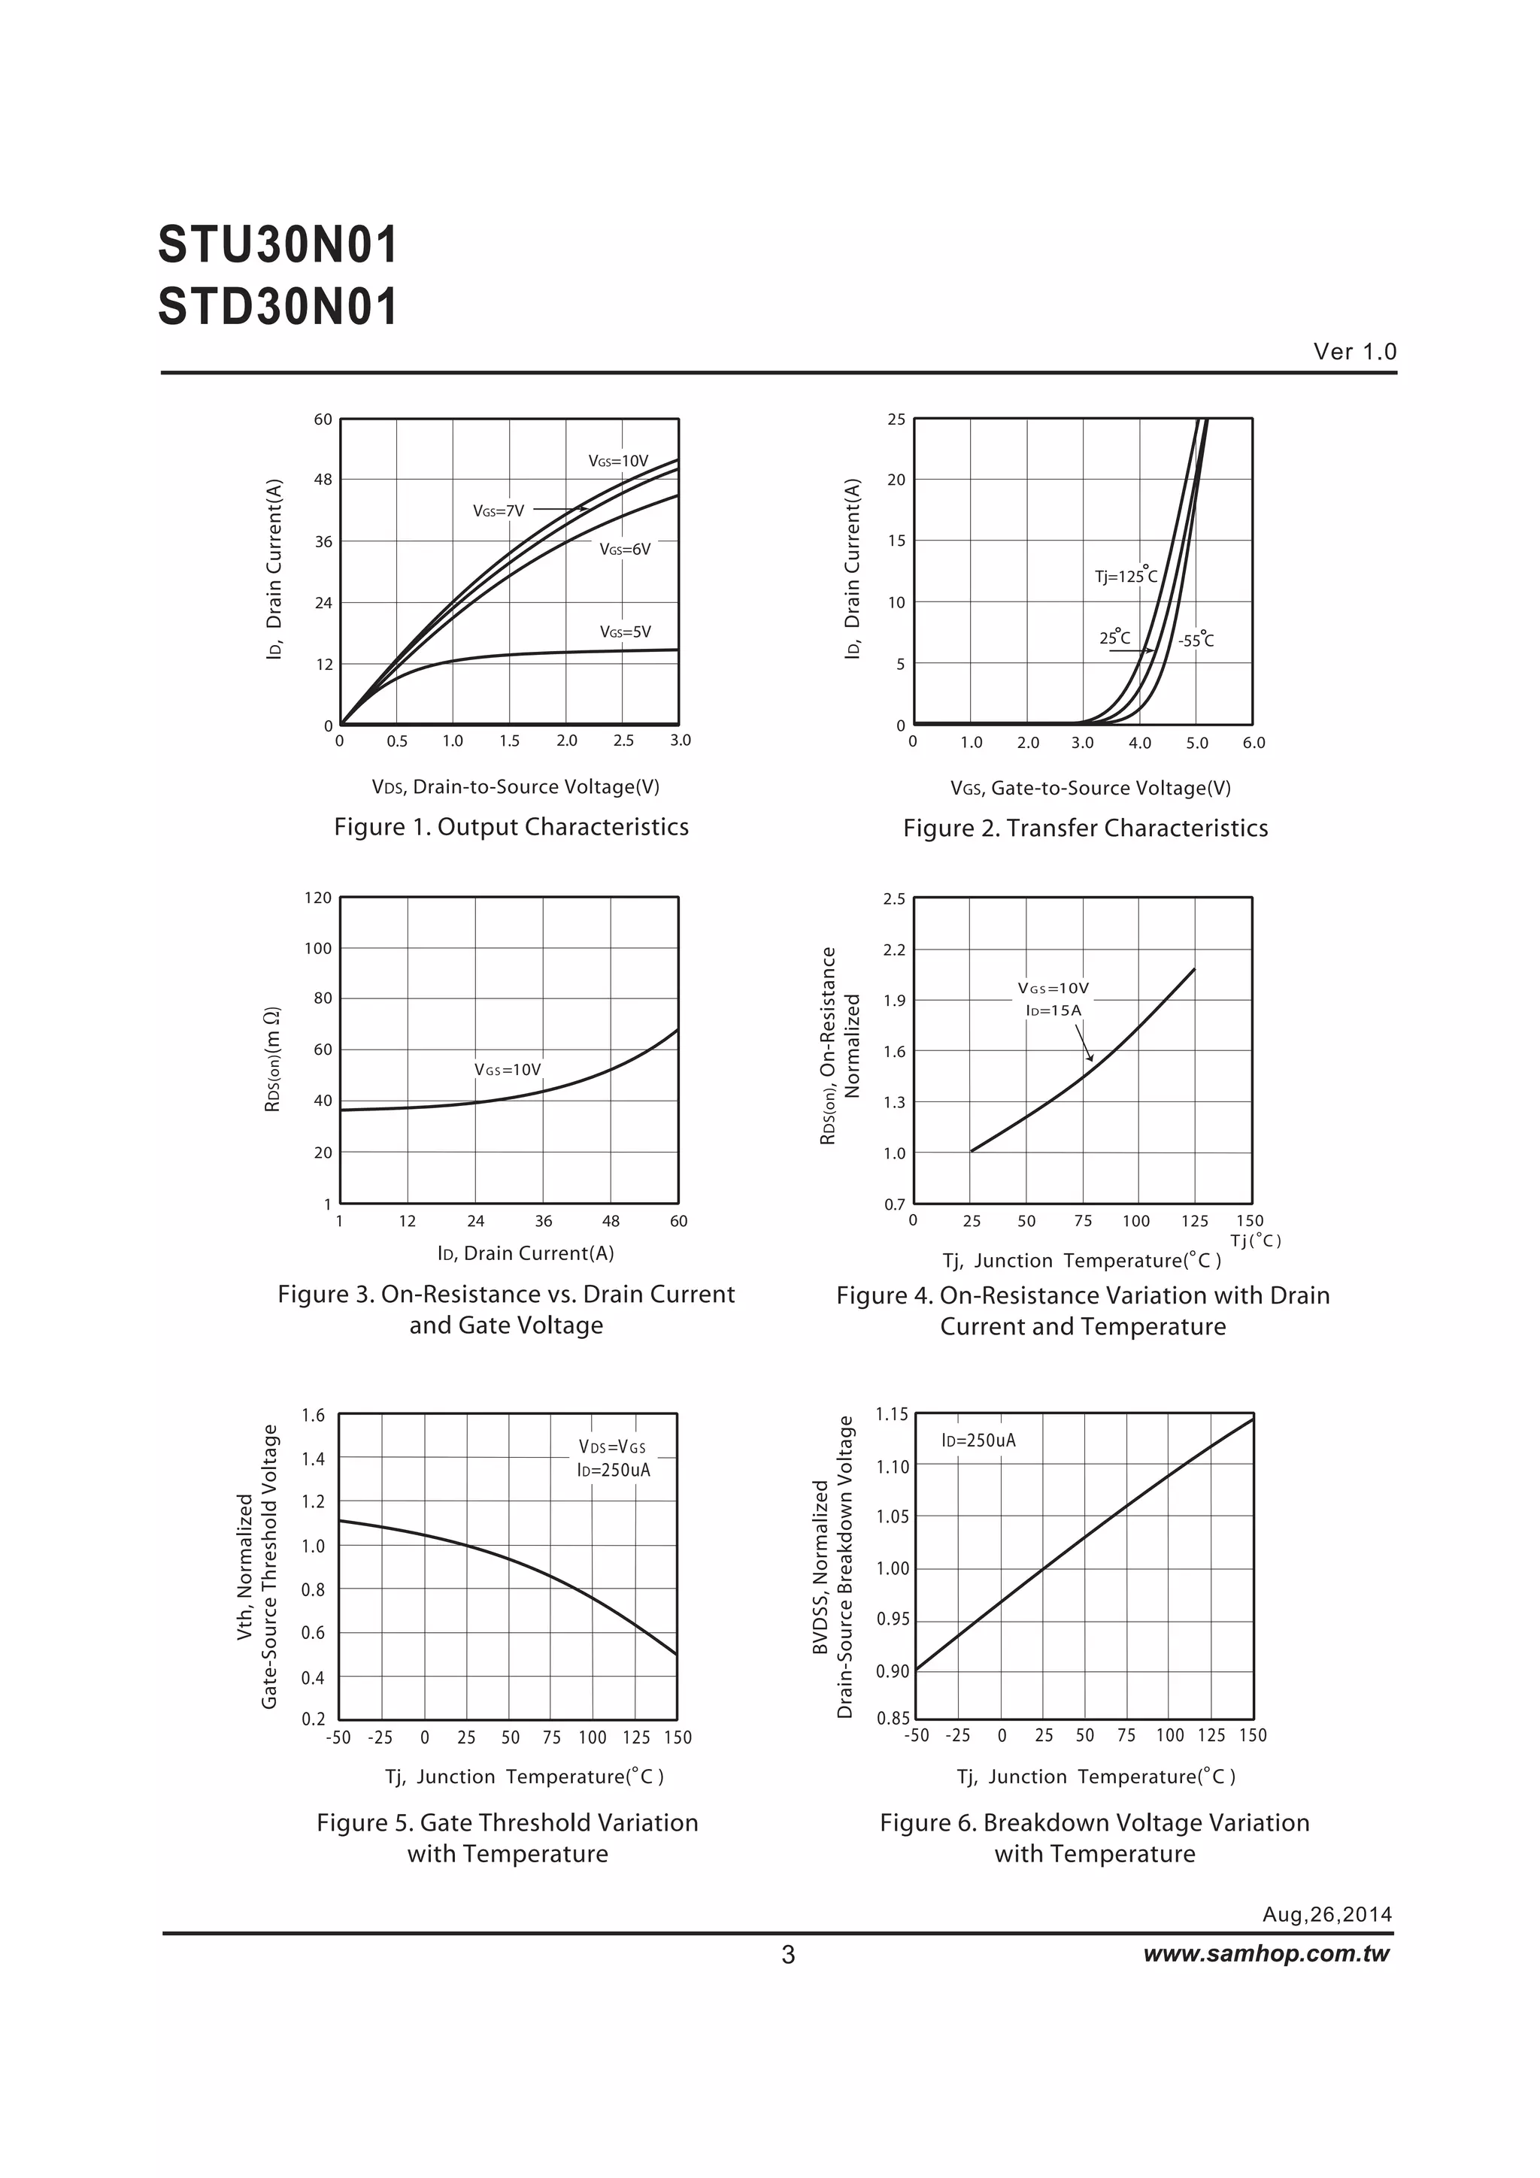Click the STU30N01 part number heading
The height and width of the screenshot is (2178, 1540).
[x=277, y=246]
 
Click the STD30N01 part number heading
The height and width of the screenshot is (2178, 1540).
[x=277, y=307]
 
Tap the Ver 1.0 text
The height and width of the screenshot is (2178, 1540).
[x=1354, y=352]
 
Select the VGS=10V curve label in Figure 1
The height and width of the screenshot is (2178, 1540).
[x=617, y=461]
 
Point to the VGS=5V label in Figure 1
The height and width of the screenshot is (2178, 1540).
[x=624, y=632]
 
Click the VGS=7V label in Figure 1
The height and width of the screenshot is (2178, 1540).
[x=498, y=511]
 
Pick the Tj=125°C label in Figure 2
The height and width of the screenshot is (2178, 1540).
[x=1126, y=576]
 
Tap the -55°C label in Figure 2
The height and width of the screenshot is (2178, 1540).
[x=1196, y=641]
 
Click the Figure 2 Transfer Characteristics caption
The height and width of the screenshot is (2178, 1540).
[x=1084, y=828]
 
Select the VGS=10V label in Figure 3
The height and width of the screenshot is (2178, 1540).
[x=508, y=1070]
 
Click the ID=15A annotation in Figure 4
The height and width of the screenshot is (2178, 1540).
[x=1053, y=1010]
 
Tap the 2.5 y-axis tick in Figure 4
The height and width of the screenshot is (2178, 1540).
[x=894, y=898]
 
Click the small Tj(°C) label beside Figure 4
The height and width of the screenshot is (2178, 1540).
[x=1255, y=1240]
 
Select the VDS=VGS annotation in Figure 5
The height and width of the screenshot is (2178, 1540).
[x=612, y=1446]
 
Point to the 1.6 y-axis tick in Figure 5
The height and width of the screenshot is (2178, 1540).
[x=313, y=1416]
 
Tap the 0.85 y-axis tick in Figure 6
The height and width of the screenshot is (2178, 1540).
[x=893, y=1718]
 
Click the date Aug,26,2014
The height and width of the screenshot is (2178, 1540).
[x=1326, y=1914]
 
